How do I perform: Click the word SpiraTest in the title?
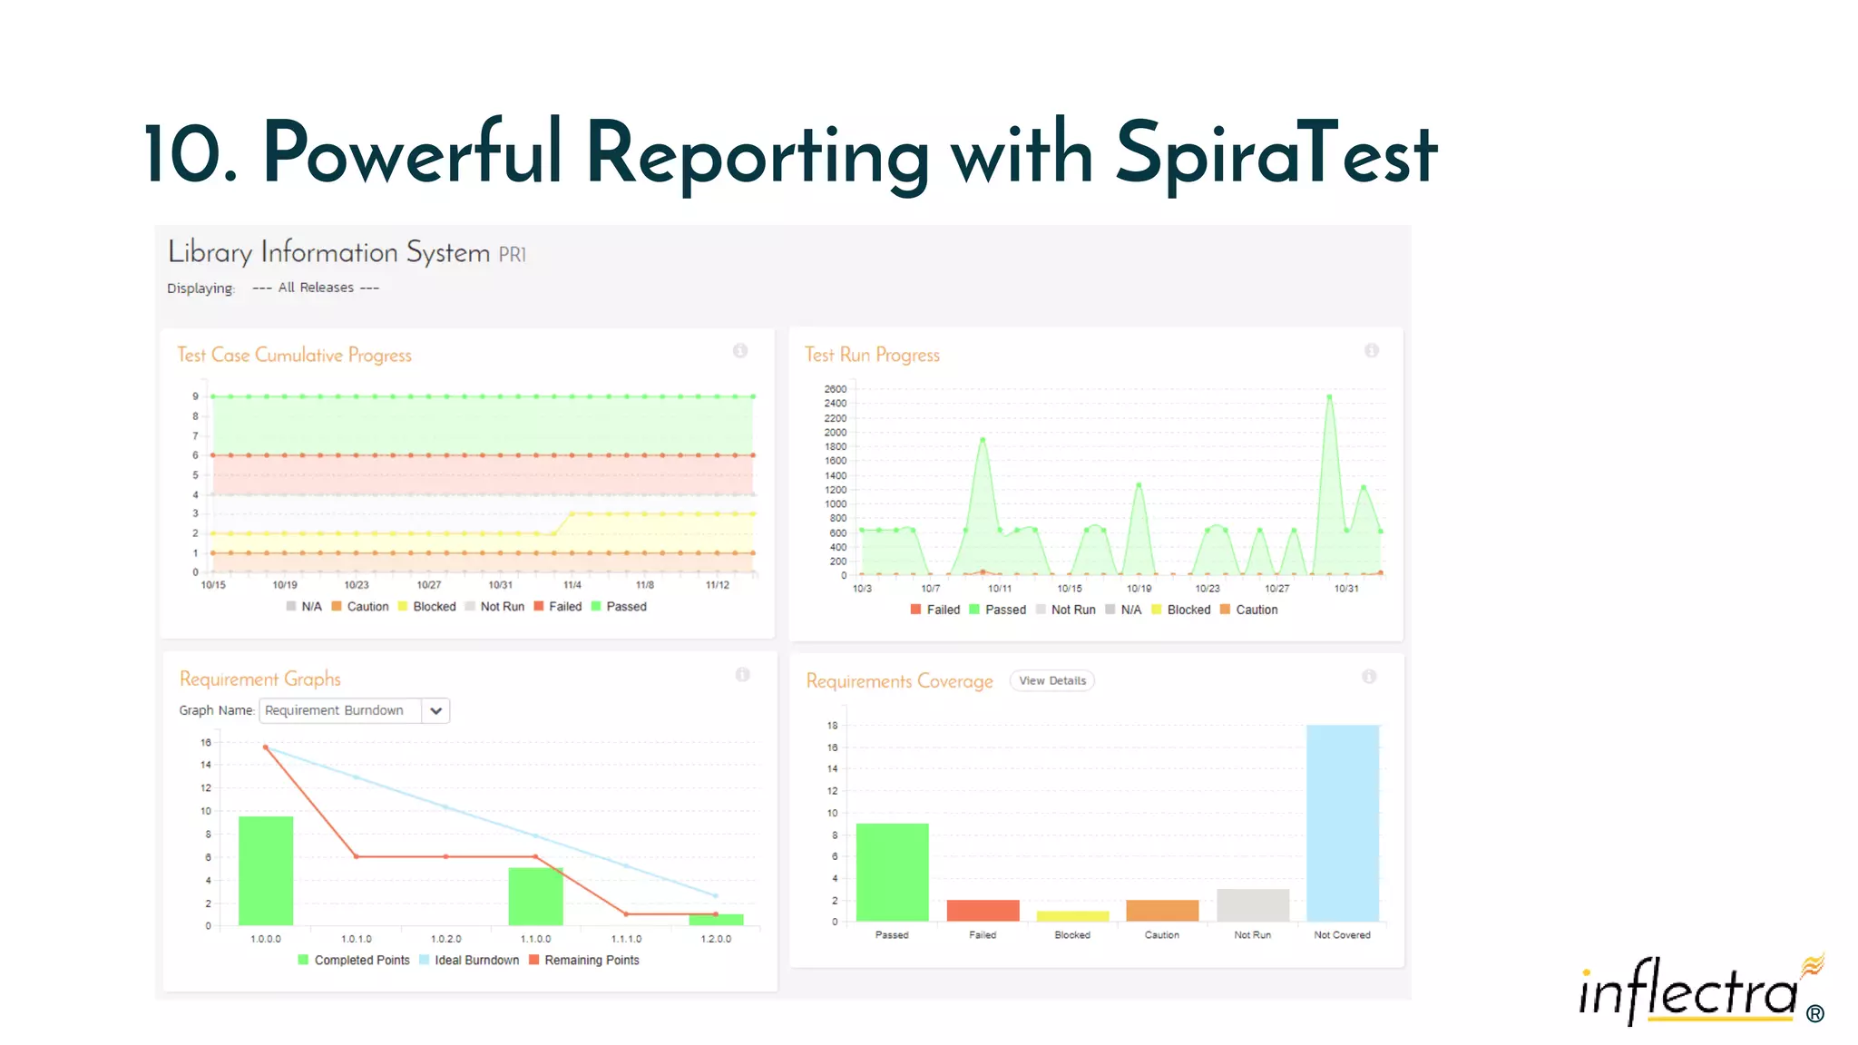point(1275,154)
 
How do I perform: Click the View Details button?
point(1051,680)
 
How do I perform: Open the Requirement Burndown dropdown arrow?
point(436,710)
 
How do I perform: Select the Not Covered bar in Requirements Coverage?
point(1343,822)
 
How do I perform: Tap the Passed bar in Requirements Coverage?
point(892,872)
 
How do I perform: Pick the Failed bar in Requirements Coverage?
point(983,910)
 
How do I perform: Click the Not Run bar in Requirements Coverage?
point(1252,904)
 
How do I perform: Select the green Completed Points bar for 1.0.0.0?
point(266,870)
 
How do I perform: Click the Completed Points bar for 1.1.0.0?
point(535,896)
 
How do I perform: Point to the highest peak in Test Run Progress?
point(1329,397)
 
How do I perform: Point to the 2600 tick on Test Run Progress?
point(835,389)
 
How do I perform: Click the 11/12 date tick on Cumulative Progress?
point(717,585)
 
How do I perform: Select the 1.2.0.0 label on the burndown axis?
point(716,939)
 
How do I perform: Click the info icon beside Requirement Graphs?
point(742,675)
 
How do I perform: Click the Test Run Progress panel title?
point(872,355)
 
